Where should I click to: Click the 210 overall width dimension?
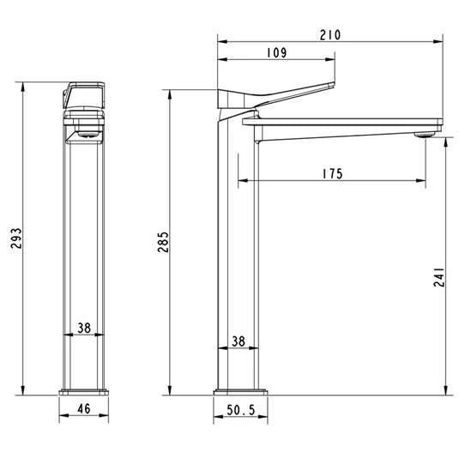click(330, 34)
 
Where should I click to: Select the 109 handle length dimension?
click(275, 51)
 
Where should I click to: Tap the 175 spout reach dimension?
click(332, 173)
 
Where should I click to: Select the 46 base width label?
click(84, 410)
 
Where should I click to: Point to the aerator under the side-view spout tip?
click(423, 135)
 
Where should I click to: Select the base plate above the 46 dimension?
click(84, 392)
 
